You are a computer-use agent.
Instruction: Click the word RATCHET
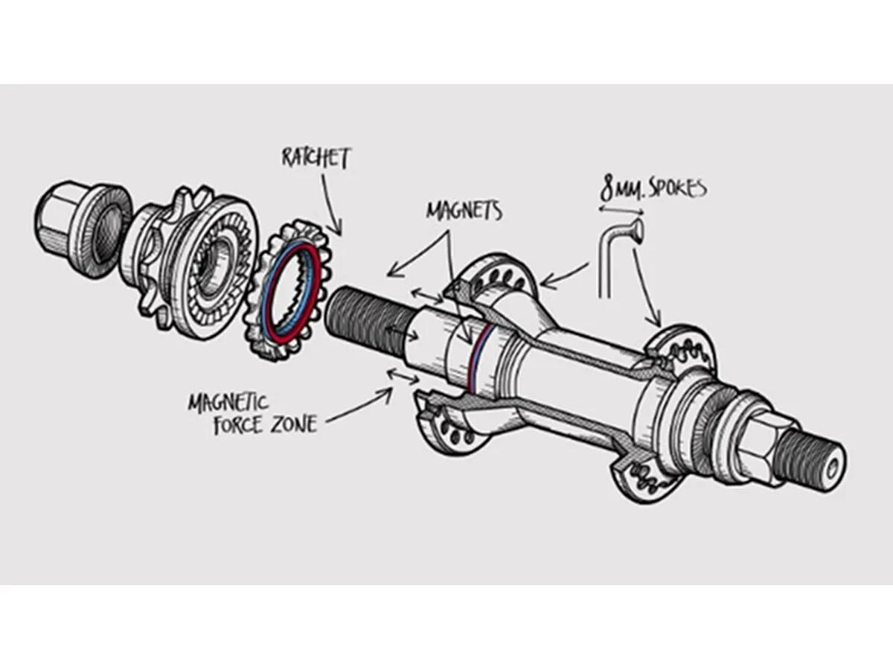coord(315,158)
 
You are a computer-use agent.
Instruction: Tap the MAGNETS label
coord(464,210)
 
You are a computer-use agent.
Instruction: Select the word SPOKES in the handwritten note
coord(674,189)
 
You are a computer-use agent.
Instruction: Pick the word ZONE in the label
coord(293,425)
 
